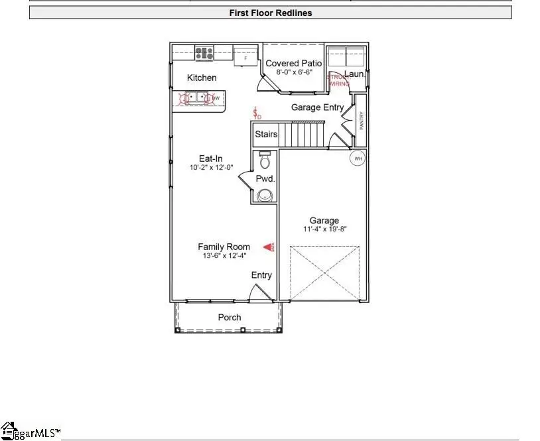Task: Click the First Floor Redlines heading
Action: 270,13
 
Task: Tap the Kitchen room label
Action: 202,78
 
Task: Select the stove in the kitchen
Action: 204,52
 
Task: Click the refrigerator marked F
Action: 245,57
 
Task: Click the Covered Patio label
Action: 293,64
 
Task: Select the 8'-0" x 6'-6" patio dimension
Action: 293,72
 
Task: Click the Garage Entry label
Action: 317,107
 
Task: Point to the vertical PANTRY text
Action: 362,120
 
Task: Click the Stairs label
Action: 266,135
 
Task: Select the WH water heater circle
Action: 358,158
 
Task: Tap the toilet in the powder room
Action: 265,160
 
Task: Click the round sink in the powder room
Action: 265,195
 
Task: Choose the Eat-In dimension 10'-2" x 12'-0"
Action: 211,168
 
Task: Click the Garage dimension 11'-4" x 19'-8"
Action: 324,229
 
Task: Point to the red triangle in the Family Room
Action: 269,247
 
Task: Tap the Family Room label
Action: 224,247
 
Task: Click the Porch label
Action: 230,318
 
